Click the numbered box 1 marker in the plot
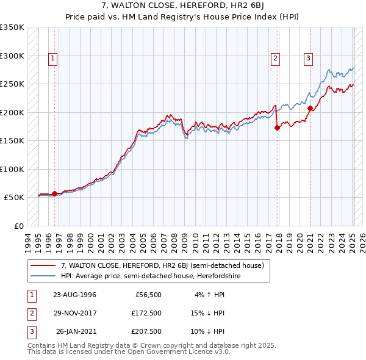pyautogui.click(x=54, y=59)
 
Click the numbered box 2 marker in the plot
pyautogui.click(x=276, y=59)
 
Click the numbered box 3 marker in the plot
pyautogui.click(x=309, y=59)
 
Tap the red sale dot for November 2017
pyautogui.click(x=278, y=128)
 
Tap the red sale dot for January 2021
pyautogui.click(x=310, y=108)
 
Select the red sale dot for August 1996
pyautogui.click(x=54, y=193)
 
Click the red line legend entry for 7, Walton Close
pyautogui.click(x=162, y=265)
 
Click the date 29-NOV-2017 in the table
pyautogui.click(x=74, y=313)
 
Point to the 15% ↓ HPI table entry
pyautogui.click(x=208, y=313)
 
